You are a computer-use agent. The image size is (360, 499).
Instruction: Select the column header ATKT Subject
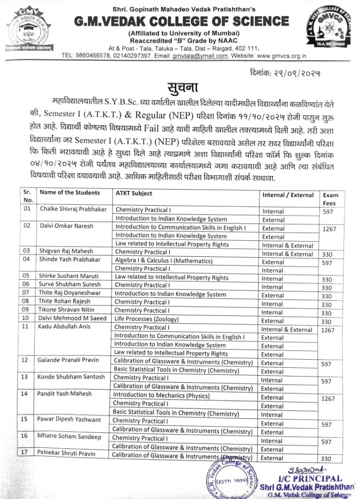coord(134,193)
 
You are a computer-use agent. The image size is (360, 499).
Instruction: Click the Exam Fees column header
coord(329,199)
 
